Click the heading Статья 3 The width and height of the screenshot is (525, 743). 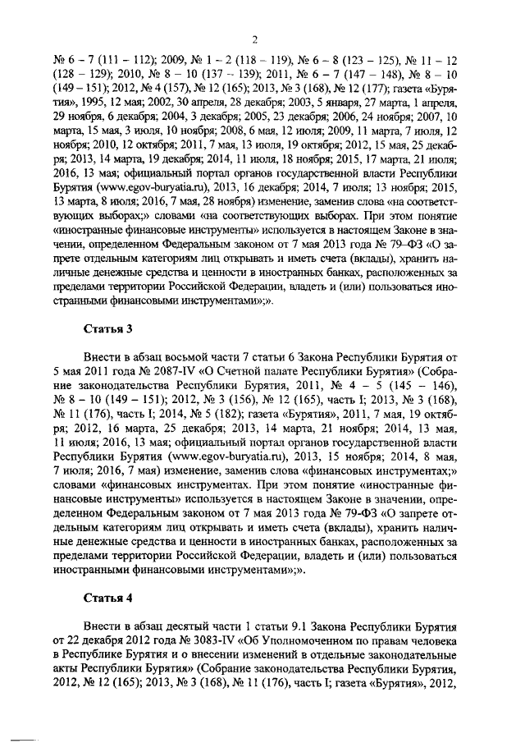107,330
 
